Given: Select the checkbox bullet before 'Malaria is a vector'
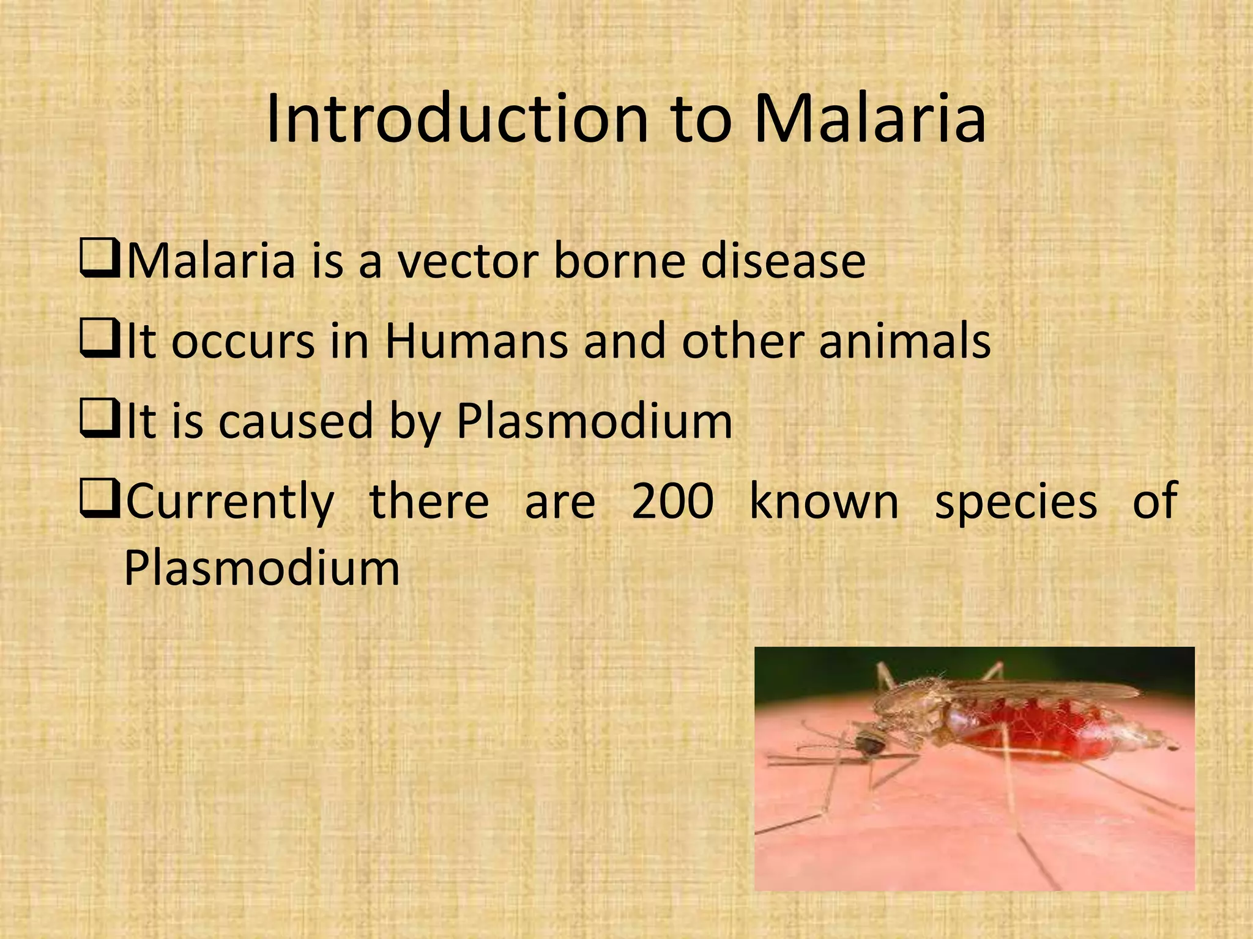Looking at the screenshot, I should [x=99, y=260].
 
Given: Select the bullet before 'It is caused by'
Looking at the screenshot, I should [x=99, y=422].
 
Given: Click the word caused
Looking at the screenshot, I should [x=296, y=422].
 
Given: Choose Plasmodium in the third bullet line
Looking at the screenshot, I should [x=594, y=422].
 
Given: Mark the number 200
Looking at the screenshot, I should [x=672, y=501].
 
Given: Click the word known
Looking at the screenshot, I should [x=824, y=501].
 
